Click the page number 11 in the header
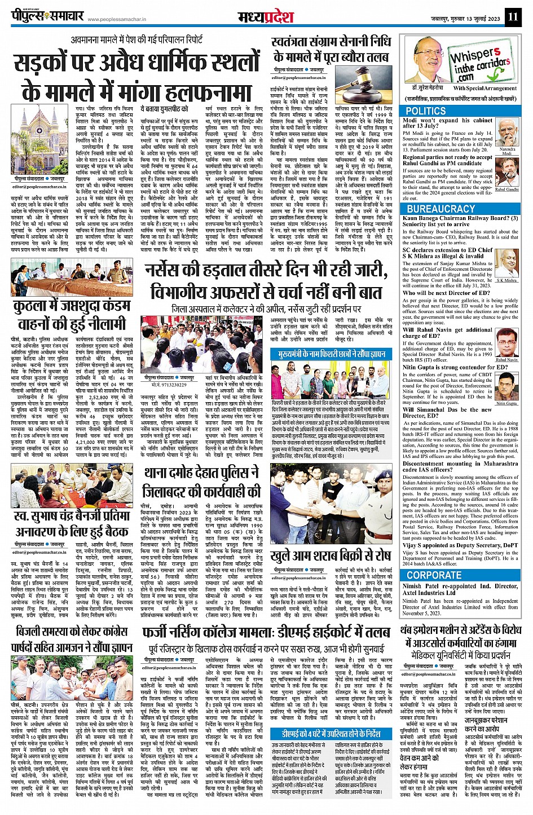coord(512,16)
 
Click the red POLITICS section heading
coord(426,111)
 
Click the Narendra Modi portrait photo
coord(508,135)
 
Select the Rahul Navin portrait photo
coord(506,343)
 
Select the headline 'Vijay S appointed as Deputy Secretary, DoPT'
coord(460,545)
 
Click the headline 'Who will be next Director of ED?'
coord(446,293)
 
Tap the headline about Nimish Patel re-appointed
coord(460,589)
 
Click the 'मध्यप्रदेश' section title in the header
coord(266,16)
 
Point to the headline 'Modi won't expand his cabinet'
coord(447,124)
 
